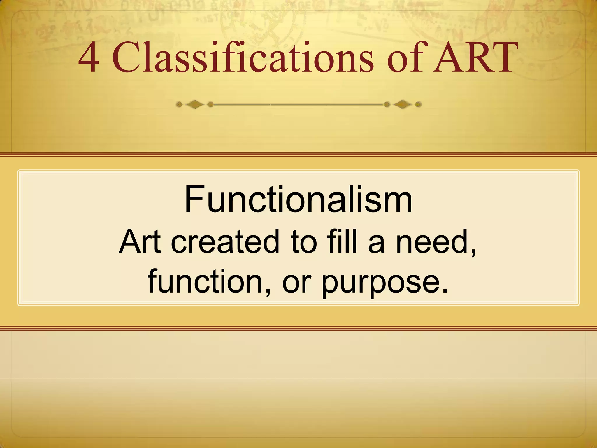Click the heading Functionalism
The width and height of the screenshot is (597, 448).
coord(298,200)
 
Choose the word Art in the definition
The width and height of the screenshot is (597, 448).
coord(140,242)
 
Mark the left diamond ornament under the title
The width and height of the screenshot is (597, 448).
coord(195,104)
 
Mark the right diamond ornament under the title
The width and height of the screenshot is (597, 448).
coord(403,104)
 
